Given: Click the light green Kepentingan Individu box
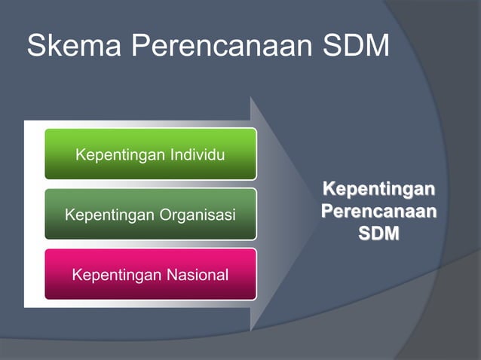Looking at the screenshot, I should pos(150,154).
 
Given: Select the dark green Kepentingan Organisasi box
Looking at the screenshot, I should pos(150,215).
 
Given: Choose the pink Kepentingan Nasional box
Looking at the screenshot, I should pos(150,274).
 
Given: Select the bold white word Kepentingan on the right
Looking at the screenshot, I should pos(378,187).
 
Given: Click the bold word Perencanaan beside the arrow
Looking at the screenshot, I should pos(378,210).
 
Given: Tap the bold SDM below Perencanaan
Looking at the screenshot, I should pos(378,233).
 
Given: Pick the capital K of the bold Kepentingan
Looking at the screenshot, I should pos(329,187).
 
